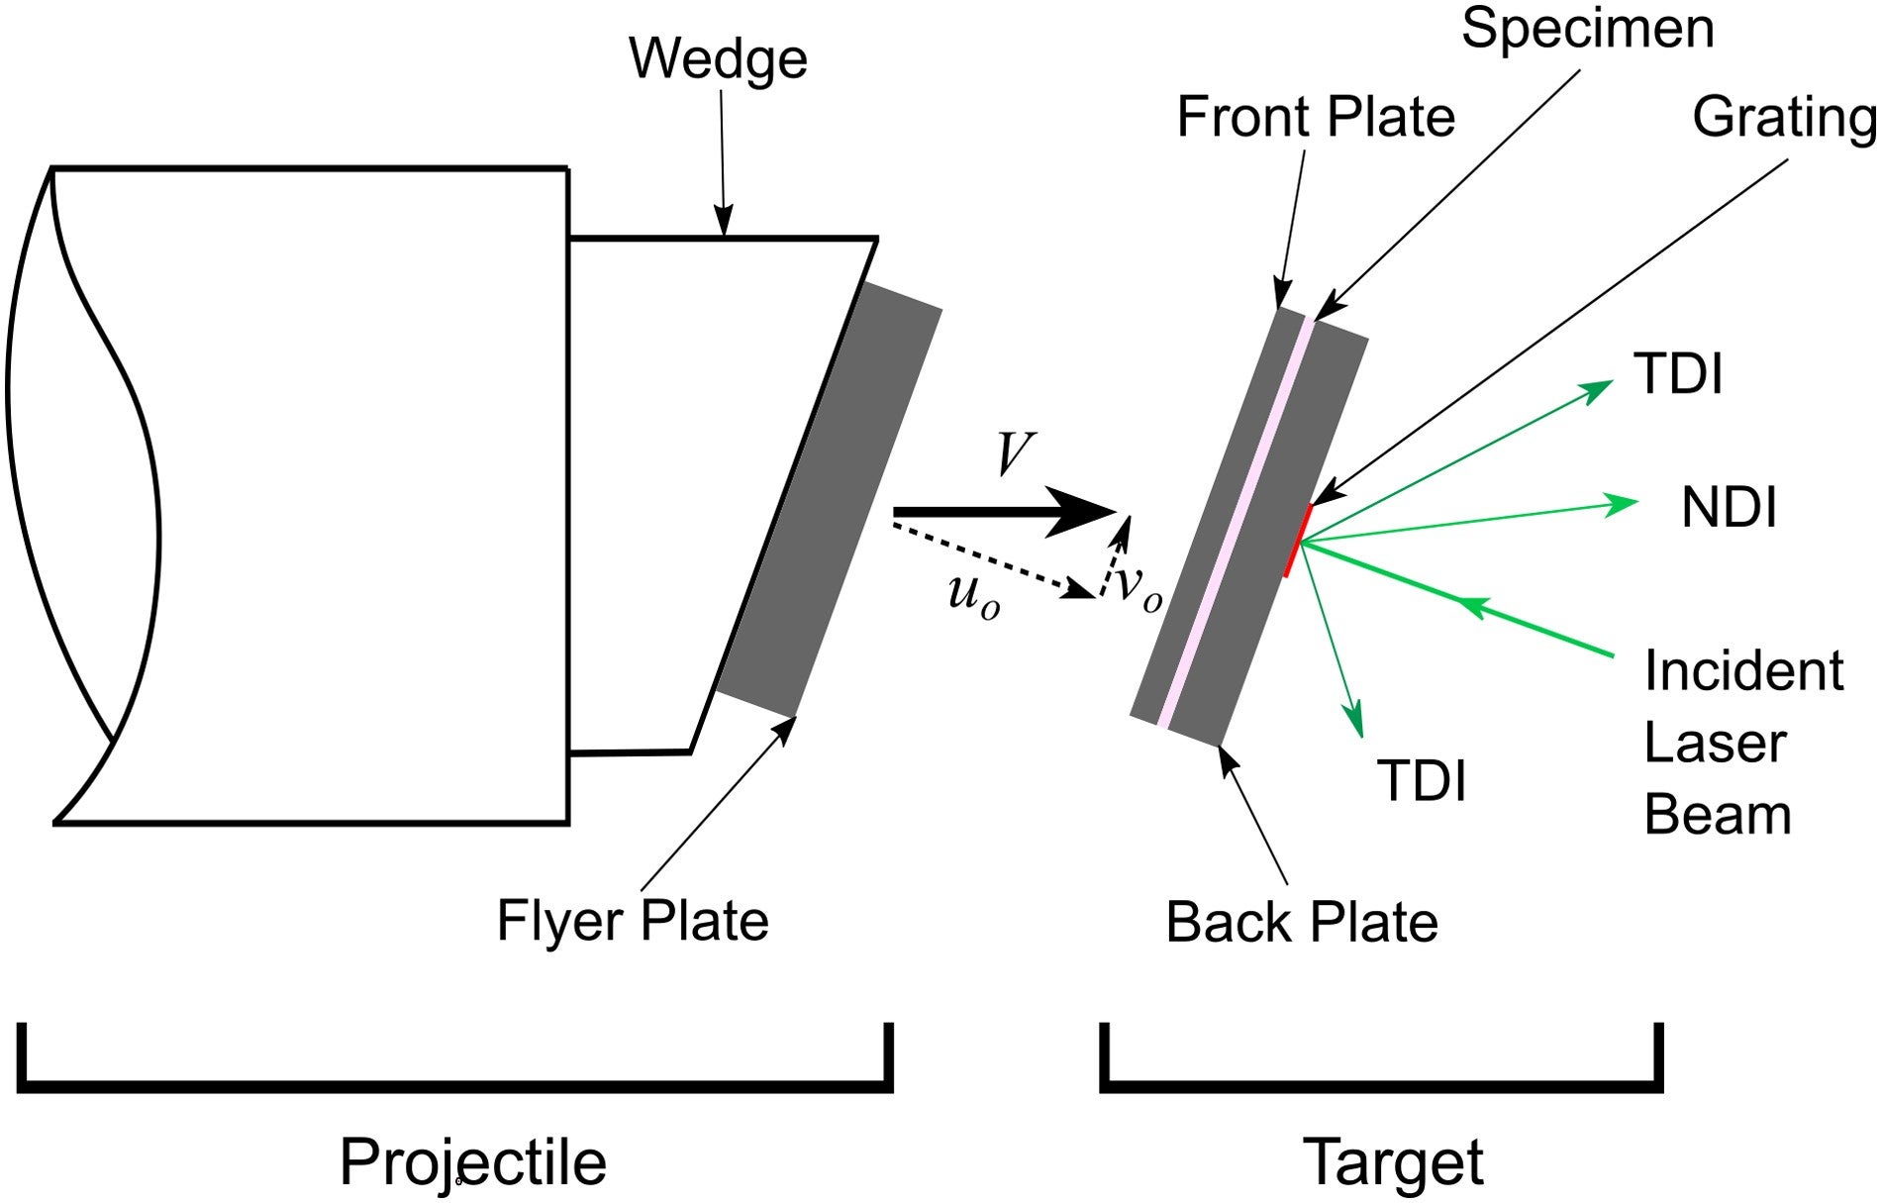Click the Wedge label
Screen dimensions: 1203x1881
tap(718, 59)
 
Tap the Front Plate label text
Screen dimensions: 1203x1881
tap(1315, 118)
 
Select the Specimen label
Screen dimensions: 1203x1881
tap(1587, 28)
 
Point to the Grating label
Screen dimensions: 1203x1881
tap(1783, 118)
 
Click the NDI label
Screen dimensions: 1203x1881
tap(1729, 508)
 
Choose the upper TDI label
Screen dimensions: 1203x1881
tap(1679, 375)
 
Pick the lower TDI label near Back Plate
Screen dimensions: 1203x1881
tap(1422, 780)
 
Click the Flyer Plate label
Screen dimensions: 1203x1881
tap(633, 921)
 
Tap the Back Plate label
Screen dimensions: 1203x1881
tap(1301, 923)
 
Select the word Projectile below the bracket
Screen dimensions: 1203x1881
tap(472, 1161)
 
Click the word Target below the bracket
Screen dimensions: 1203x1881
tap(1392, 1161)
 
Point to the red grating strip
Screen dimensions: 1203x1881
tap(1298, 541)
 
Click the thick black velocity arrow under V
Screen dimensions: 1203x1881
tap(990, 512)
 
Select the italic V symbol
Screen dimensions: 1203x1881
tap(1014, 456)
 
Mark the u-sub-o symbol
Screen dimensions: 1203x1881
tap(973, 595)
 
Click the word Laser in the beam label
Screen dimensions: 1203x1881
tap(1714, 744)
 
